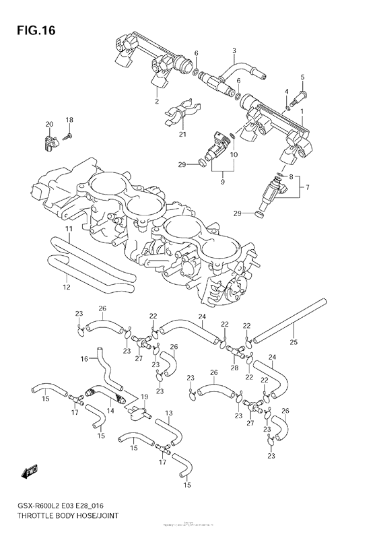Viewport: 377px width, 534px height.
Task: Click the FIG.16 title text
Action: pos(33,31)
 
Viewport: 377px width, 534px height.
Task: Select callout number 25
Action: pos(294,343)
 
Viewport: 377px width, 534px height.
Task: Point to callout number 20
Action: pos(48,125)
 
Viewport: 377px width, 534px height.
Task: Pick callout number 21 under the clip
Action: pos(182,134)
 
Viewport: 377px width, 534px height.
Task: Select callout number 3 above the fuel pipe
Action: pos(234,51)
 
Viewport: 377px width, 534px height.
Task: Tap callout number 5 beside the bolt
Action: pos(302,77)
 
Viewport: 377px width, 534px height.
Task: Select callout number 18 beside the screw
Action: pos(69,120)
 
